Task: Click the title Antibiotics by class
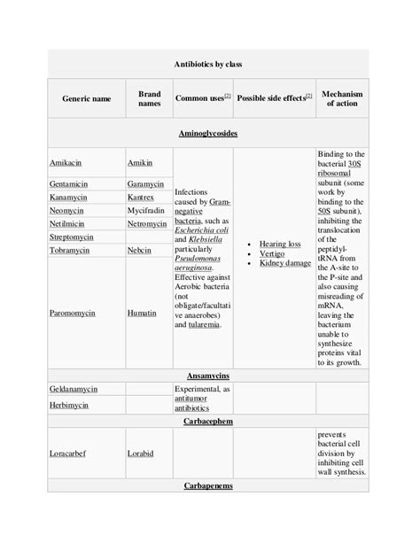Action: point(209,65)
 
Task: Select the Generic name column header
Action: point(87,99)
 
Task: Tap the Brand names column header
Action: point(149,98)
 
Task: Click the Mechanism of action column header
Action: point(343,98)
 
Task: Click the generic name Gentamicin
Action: point(74,183)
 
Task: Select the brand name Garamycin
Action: point(146,183)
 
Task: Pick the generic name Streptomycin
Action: point(75,237)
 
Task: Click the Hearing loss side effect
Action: point(280,244)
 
